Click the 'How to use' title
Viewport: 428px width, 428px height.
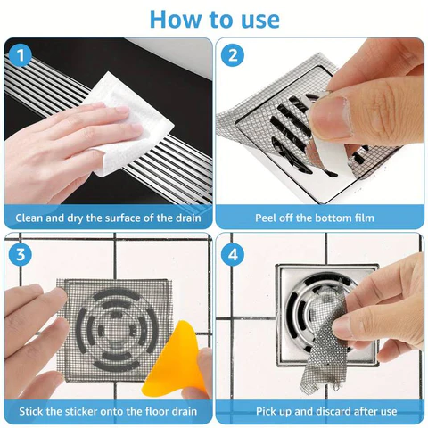(214, 18)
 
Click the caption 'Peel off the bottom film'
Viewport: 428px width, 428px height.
(319, 218)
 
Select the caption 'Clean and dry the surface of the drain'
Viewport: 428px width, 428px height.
(108, 218)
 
